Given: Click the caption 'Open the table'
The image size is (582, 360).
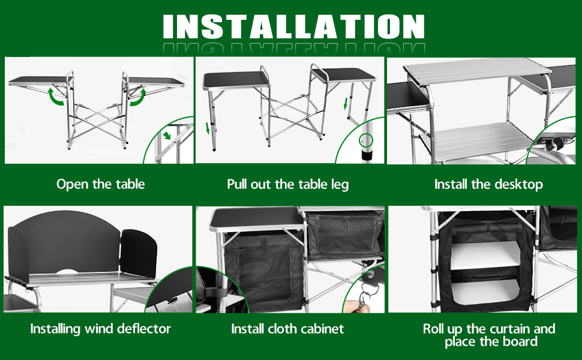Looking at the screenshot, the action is click(x=101, y=184).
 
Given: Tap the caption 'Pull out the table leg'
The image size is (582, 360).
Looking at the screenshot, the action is click(x=287, y=184).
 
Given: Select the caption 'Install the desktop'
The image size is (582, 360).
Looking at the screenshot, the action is click(x=488, y=184).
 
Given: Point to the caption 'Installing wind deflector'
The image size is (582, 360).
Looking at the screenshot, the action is click(x=100, y=329).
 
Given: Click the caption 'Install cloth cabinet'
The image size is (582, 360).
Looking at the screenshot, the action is click(x=287, y=329).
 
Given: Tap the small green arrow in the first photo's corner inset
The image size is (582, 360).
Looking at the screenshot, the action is click(x=167, y=135).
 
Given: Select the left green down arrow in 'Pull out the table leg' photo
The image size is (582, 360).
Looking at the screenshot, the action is click(x=208, y=128).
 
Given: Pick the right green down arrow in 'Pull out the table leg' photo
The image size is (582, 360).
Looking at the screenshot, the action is click(x=346, y=104).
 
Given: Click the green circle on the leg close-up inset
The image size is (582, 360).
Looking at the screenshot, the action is click(x=366, y=140).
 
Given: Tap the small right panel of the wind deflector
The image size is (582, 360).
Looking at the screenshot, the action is click(x=139, y=253).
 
